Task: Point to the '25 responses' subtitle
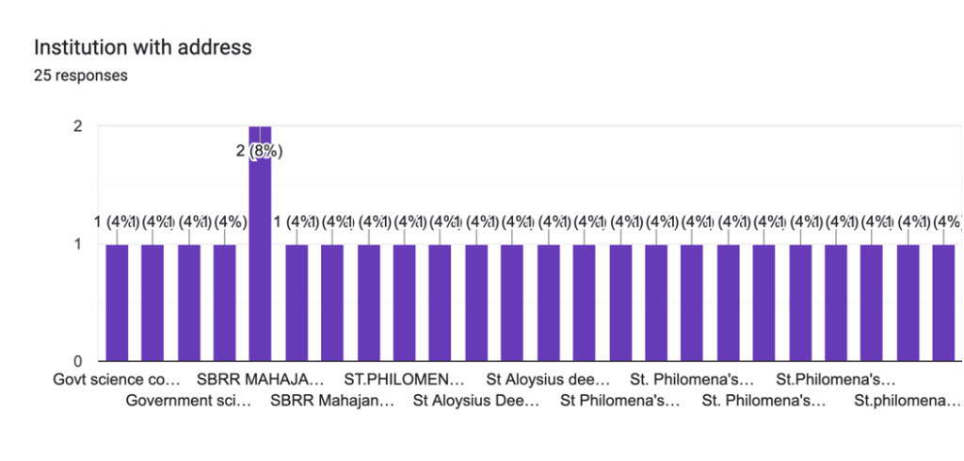coord(80,76)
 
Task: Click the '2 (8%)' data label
coord(260,151)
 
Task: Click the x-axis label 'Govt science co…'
coord(116,381)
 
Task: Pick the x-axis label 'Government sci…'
coord(188,402)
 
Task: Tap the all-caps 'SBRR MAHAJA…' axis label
coord(260,381)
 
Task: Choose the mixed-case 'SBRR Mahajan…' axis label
coord(332,402)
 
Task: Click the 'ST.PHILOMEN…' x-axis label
coord(404,381)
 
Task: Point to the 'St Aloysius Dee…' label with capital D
coord(476,402)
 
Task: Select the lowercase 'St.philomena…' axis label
coord(908,402)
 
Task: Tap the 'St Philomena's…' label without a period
coord(619,402)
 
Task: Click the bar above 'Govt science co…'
coord(117,302)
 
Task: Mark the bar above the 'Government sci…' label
coord(188,302)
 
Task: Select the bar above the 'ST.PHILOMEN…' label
coord(404,302)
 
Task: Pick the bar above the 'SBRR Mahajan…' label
coord(332,302)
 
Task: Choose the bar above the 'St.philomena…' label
coord(908,302)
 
